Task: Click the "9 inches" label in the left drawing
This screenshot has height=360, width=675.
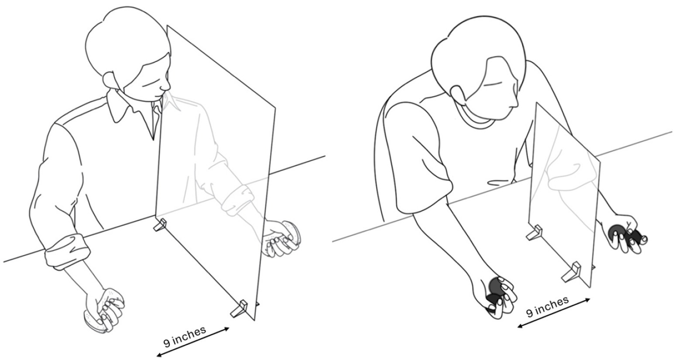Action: [x=185, y=336]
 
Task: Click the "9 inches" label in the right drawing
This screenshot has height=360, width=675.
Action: [x=548, y=306]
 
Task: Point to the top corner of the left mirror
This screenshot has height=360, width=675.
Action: [x=167, y=26]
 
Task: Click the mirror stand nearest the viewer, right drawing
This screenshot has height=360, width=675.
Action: [x=572, y=272]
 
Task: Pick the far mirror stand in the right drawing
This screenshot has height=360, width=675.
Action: [x=534, y=233]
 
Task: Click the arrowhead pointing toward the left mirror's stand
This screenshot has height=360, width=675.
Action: [x=226, y=329]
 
